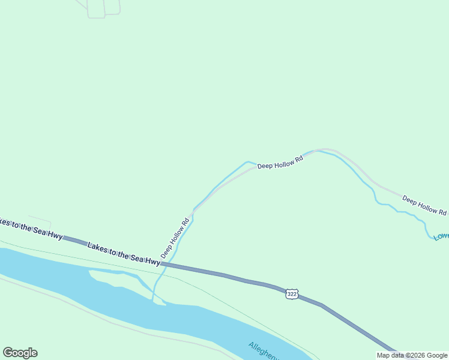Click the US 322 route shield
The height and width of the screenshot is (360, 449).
[x=292, y=293]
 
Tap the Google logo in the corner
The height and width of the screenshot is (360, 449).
[x=20, y=353]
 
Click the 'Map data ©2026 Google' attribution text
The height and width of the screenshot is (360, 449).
[x=412, y=355]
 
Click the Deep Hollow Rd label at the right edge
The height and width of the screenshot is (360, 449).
[x=424, y=205]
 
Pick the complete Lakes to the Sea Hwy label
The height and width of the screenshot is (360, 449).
[x=124, y=254]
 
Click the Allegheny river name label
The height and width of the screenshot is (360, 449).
[x=264, y=352]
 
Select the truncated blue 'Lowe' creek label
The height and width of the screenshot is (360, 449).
[x=441, y=236]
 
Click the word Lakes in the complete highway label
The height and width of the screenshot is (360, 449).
[x=97, y=247]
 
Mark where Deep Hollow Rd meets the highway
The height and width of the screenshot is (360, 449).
[x=163, y=263]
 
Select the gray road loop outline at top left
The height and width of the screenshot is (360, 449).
[x=104, y=8]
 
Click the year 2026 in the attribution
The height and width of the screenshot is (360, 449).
[x=414, y=355]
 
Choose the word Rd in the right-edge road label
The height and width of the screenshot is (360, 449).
[x=442, y=212]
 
